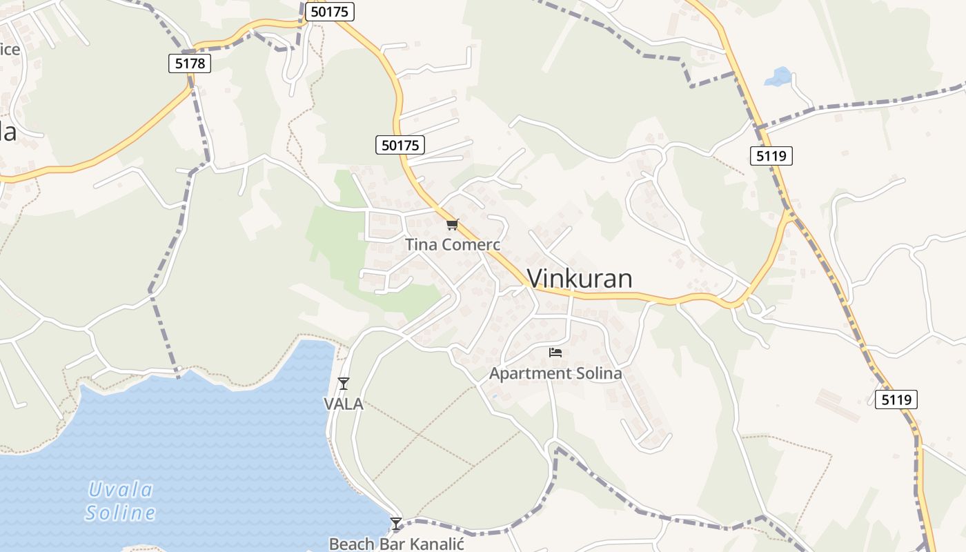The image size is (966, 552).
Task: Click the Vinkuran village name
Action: [x=580, y=278]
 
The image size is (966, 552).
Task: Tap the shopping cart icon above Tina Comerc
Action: [x=452, y=224]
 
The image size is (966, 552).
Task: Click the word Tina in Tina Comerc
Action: [x=420, y=245]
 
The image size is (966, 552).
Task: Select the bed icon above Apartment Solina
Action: [x=555, y=353]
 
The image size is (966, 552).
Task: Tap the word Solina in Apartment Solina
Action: [x=594, y=374]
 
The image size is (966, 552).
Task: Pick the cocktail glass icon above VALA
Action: [x=344, y=384]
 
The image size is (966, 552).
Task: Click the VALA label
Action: [x=344, y=404]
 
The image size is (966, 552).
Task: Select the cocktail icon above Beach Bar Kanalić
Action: [x=396, y=524]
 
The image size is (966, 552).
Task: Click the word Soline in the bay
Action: [x=121, y=513]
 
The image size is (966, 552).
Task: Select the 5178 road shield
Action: [x=189, y=63]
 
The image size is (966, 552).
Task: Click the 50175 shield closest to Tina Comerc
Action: [x=400, y=145]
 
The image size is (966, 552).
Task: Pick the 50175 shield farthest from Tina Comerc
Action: [x=330, y=12]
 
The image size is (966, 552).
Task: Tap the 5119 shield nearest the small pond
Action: [x=771, y=156]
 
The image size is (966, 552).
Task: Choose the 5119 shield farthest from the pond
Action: [x=896, y=400]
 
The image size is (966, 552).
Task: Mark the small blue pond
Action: [x=778, y=77]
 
